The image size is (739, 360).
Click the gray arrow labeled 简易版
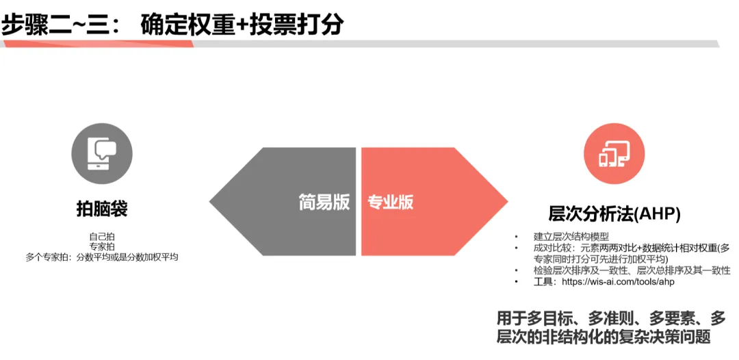(274, 201)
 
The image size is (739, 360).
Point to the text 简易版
(324, 202)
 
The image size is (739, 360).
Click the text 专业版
(391, 202)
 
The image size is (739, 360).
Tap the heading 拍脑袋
(102, 209)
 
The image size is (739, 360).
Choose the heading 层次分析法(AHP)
(614, 214)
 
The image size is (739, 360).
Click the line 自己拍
(102, 235)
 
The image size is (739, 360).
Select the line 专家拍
(102, 246)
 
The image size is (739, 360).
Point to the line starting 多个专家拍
(102, 257)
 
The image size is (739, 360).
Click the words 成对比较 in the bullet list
(549, 248)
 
